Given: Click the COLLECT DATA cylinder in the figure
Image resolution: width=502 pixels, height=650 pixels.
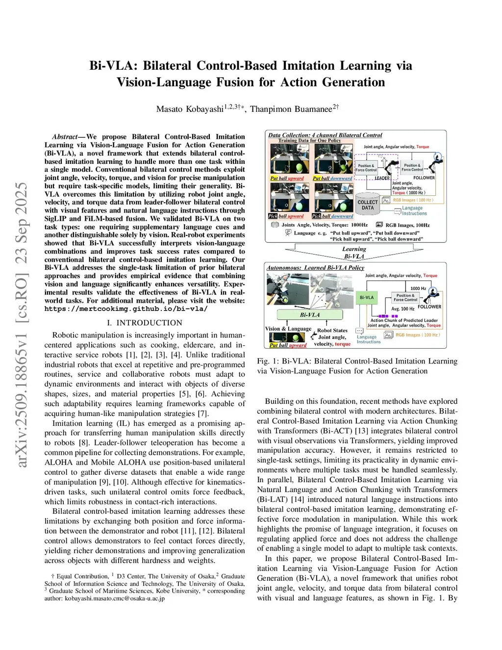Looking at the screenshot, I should pyautogui.click(x=368, y=205).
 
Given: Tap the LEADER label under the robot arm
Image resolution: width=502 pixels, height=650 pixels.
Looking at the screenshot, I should pyautogui.click(x=382, y=178).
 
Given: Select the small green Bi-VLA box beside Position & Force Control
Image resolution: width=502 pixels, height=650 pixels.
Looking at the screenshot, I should pyautogui.click(x=367, y=297).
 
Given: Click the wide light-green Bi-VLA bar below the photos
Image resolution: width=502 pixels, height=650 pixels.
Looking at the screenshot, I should pyautogui.click(x=310, y=315).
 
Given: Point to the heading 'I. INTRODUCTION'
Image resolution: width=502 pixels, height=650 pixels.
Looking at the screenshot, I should pyautogui.click(x=145, y=323).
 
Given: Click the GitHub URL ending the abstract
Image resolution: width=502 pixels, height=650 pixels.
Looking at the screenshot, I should pyautogui.click(x=126, y=309).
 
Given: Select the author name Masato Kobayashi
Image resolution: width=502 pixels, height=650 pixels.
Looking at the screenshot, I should pyautogui.click(x=190, y=109).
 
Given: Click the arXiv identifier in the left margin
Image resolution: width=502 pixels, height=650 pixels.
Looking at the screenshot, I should pyautogui.click(x=22, y=324).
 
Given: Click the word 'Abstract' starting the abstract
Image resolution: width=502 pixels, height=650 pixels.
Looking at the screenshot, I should pyautogui.click(x=65, y=137).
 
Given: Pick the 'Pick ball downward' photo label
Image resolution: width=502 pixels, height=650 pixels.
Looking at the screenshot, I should pyautogui.click(x=332, y=216).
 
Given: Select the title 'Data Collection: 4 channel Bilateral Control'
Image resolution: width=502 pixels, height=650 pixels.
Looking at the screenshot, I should pyautogui.click(x=325, y=135).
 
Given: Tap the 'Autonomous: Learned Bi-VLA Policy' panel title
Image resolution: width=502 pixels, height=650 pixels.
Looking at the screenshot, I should pyautogui.click(x=315, y=268).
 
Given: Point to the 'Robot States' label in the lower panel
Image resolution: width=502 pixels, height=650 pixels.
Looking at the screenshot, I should pyautogui.click(x=332, y=330).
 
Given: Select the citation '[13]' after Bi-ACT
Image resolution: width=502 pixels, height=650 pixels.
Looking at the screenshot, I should pyautogui.click(x=361, y=431).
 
